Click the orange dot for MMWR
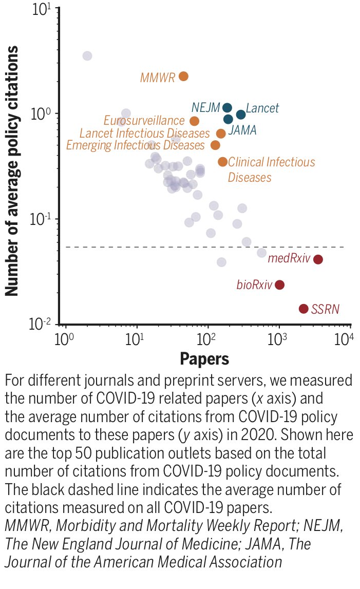point(183,77)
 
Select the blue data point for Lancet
point(241,114)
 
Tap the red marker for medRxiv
point(318,259)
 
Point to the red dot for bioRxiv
point(279,285)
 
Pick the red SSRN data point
point(304,309)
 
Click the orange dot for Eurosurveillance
point(194,121)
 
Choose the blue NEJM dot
point(227,108)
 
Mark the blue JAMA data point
point(228,120)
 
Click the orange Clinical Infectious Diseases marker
point(222,162)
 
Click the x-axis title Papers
point(204,359)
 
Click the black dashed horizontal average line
point(154,247)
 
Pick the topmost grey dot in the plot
point(87,56)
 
